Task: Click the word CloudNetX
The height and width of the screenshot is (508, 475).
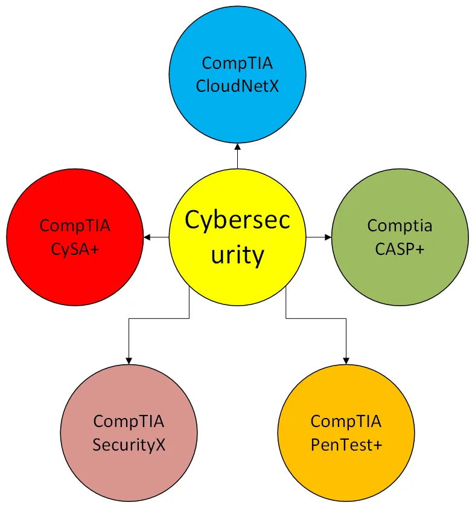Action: (x=237, y=85)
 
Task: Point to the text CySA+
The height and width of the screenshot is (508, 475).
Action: (x=75, y=248)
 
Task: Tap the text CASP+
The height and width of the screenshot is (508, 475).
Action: (x=400, y=248)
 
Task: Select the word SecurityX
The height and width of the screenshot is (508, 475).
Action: (x=129, y=445)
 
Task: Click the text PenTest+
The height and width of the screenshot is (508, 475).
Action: (x=346, y=445)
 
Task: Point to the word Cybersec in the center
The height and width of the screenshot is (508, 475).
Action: (x=237, y=220)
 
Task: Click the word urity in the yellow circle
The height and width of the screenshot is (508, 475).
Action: (x=237, y=255)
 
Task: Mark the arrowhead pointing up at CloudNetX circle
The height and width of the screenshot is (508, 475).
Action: (x=237, y=147)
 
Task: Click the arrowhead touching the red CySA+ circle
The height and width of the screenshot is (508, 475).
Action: (x=147, y=237)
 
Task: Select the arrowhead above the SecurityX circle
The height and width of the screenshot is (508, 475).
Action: (x=129, y=361)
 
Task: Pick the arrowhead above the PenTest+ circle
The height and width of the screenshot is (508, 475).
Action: (x=346, y=361)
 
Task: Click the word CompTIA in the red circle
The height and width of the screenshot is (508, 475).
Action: (x=75, y=226)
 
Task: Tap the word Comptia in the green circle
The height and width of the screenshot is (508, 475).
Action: (x=400, y=226)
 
